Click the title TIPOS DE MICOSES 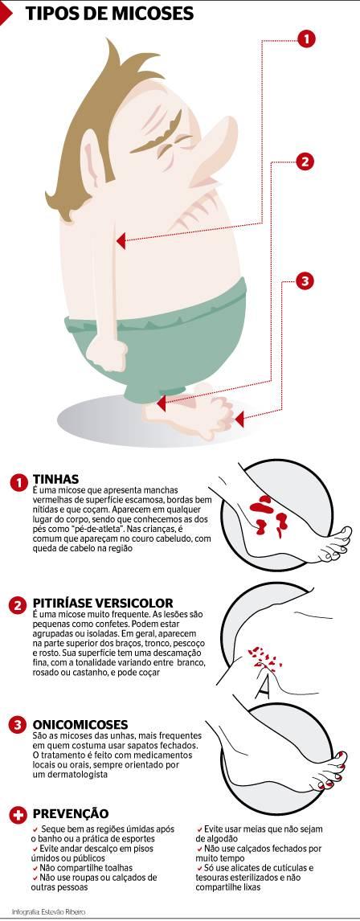(x=109, y=12)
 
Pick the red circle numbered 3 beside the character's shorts (x=304, y=280)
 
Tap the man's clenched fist (x=111, y=352)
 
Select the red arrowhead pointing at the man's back (x=121, y=240)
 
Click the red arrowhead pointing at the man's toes (x=239, y=419)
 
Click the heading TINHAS (x=55, y=479)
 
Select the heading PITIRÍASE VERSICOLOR (x=103, y=603)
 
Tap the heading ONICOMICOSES (x=80, y=724)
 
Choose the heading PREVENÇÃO (x=71, y=813)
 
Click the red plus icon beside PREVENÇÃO (x=18, y=815)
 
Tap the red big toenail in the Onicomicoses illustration (x=342, y=766)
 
